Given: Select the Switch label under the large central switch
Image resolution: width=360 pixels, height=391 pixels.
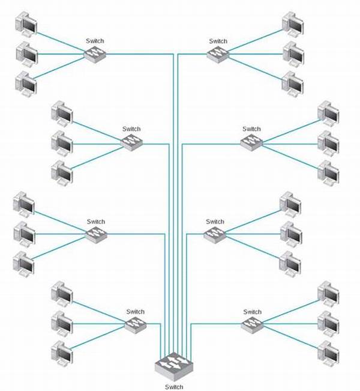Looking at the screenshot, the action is coord(174,387).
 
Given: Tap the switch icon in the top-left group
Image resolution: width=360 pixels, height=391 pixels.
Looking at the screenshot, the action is coord(95,54).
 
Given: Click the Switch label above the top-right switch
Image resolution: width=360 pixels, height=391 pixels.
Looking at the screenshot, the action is coord(218,41).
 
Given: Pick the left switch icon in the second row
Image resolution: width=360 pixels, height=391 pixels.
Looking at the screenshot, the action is coord(131,142).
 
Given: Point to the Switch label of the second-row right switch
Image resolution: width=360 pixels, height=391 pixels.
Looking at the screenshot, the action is coord(251,129).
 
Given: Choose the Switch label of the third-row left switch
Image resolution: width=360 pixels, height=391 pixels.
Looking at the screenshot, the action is coord(96,222).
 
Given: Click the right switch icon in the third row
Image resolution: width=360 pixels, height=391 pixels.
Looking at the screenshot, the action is coord(215,234).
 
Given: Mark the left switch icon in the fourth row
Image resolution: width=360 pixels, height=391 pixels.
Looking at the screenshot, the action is coord(135,324).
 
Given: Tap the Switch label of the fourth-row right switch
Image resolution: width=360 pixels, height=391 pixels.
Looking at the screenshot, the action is coord(253,312).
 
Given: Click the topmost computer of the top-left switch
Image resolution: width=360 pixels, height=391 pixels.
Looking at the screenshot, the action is coord(26,23).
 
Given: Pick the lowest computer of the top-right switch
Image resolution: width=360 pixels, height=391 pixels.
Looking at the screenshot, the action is coord(293,84).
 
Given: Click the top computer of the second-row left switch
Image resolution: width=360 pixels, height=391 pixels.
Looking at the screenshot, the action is coord(62,114).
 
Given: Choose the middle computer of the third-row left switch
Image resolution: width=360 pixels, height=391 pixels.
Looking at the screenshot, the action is coord(25,234).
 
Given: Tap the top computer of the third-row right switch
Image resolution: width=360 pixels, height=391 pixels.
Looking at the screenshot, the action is coord(290,204).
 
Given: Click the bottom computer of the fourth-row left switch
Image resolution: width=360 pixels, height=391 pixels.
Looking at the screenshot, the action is coord(62,353).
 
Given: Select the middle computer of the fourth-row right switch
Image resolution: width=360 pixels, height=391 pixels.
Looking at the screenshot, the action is coord(329,324).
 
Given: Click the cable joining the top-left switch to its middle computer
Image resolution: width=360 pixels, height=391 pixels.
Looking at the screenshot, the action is coord(61,54).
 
